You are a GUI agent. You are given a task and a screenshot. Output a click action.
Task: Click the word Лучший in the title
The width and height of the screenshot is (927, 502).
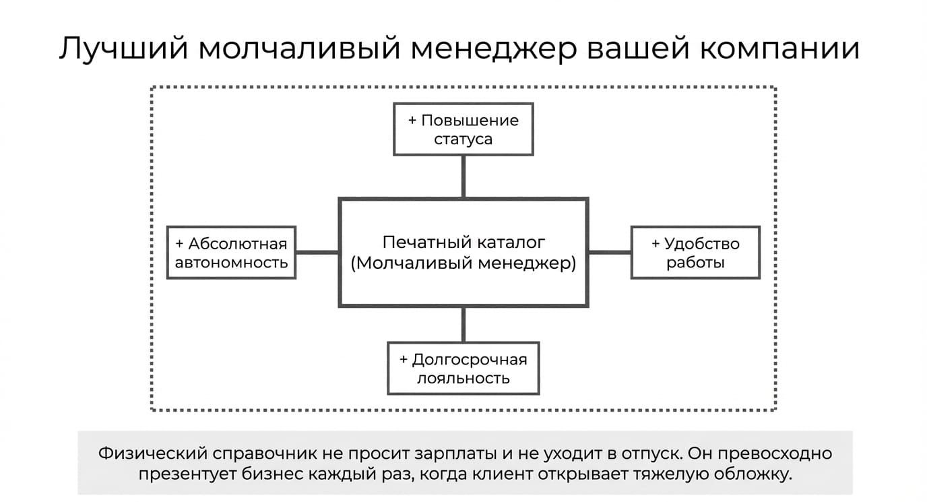[124, 49]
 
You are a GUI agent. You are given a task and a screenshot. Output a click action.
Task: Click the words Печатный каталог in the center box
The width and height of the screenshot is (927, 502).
[463, 243]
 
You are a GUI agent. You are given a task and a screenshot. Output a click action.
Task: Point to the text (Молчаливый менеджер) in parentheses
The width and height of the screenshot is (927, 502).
[463, 263]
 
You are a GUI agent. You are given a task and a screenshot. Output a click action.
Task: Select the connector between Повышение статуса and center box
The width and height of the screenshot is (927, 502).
[463, 177]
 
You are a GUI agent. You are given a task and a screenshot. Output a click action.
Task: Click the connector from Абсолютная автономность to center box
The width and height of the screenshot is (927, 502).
[317, 253]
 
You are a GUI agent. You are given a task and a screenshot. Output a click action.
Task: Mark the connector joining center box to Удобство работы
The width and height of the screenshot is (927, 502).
[610, 253]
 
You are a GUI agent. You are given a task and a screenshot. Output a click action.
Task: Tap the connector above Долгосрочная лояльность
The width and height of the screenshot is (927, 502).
[463, 325]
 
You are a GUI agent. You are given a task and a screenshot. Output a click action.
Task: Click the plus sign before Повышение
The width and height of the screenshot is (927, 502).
[412, 121]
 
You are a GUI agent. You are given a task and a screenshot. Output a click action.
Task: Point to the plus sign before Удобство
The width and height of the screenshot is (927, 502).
[656, 244]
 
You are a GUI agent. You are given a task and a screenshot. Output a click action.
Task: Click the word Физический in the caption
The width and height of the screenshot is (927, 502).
[153, 453]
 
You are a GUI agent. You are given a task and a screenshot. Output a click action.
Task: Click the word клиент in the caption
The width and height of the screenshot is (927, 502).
[503, 474]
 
